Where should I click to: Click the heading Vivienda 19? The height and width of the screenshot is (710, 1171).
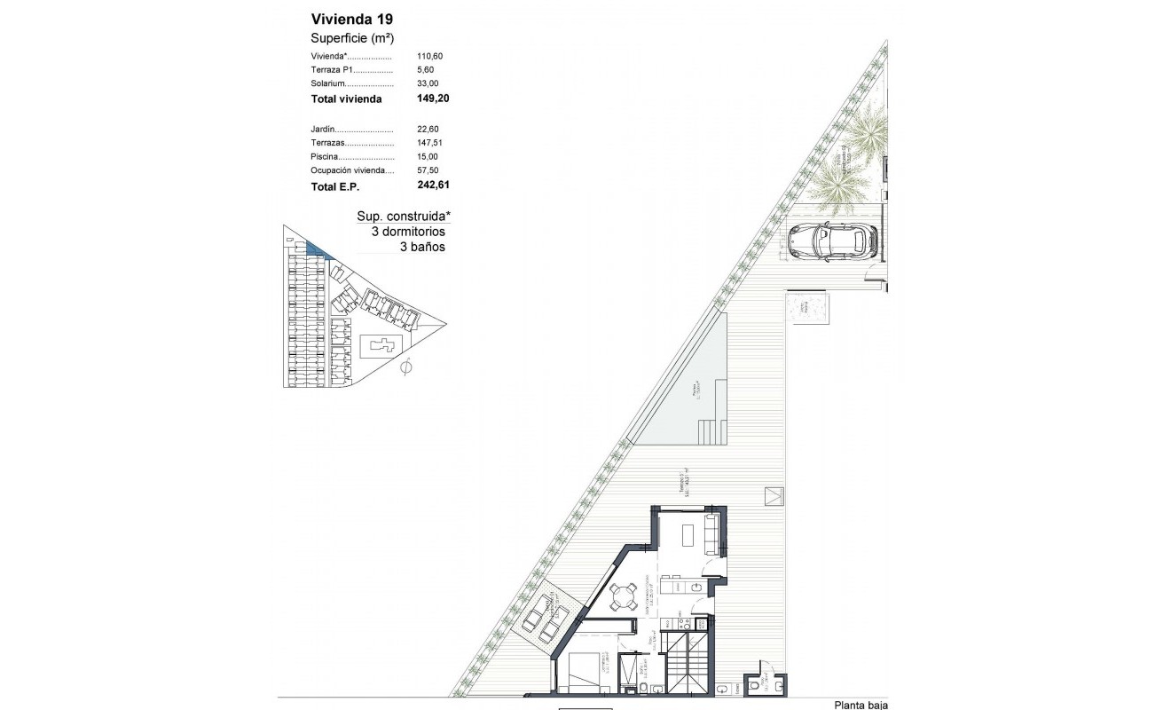[x=351, y=18]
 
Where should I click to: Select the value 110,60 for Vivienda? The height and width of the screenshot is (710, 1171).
[x=429, y=56]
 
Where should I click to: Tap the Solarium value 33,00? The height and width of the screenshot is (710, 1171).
[x=429, y=83]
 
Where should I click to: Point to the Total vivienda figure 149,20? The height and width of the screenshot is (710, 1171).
[x=433, y=99]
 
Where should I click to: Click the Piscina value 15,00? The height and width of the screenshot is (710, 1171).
[x=429, y=156]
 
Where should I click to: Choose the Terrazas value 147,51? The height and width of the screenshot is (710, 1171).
[x=432, y=142]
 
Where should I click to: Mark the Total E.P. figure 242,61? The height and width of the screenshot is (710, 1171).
[x=433, y=186]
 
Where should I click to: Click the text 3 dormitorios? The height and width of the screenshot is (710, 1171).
[x=408, y=232]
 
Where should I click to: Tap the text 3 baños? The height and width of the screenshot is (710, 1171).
[x=422, y=248]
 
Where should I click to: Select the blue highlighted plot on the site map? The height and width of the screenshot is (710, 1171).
[x=315, y=249]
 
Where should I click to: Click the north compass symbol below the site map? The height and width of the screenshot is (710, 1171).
[x=406, y=367]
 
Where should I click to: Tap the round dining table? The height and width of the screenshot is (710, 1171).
[x=624, y=596]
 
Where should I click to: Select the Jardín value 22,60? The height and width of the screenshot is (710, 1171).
[x=429, y=129]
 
